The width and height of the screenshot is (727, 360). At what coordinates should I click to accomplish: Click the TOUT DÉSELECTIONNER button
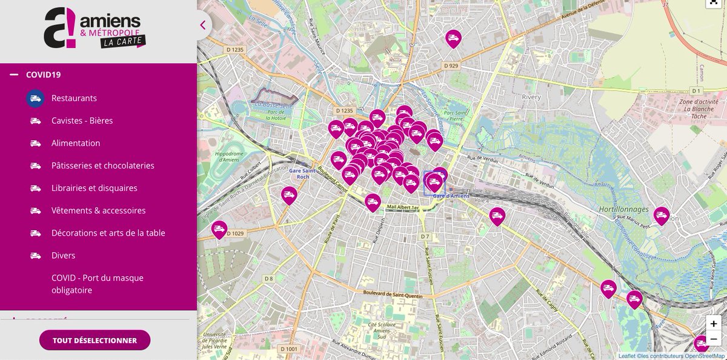[x=95, y=340]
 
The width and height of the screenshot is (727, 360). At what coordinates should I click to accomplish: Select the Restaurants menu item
[x=74, y=98]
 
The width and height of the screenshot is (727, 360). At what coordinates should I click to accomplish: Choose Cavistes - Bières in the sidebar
[x=82, y=121]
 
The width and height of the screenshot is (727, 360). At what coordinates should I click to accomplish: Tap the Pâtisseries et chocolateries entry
[x=102, y=165]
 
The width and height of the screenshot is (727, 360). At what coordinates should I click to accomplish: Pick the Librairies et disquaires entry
[x=94, y=188]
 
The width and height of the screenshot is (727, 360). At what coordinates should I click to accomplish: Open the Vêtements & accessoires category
[x=98, y=210]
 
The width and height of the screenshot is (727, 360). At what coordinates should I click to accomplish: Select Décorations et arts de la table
[x=108, y=233]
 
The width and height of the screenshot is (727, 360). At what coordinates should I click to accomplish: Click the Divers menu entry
[x=63, y=255]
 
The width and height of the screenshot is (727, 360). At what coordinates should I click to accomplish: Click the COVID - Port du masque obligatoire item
[x=97, y=284]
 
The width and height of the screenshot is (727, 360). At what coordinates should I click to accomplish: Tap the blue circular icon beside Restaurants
[x=35, y=98]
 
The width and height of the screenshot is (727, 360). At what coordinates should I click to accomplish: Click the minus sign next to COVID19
[x=14, y=75]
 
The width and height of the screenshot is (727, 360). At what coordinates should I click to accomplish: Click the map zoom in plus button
[x=714, y=324]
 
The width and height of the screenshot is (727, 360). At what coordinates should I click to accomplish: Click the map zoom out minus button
[x=714, y=339]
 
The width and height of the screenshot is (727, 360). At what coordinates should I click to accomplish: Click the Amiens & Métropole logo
[x=95, y=28]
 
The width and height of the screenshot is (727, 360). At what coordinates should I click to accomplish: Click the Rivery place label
[x=531, y=97]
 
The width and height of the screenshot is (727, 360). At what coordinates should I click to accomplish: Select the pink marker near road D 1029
[x=219, y=229]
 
